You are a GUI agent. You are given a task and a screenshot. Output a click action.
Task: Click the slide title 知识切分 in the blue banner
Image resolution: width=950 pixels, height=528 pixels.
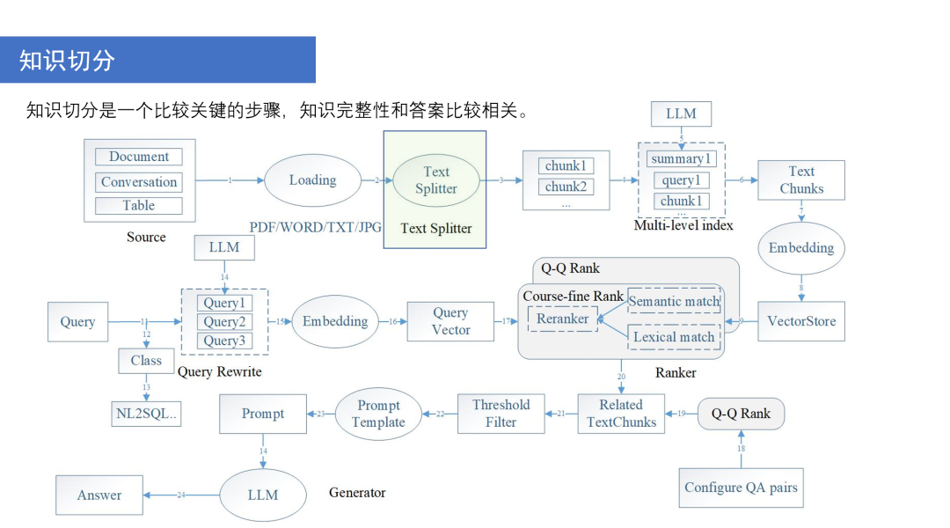68,60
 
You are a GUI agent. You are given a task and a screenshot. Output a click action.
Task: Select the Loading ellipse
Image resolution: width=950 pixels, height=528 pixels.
312,180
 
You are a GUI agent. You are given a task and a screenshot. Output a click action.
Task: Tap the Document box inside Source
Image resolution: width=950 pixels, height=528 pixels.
139,157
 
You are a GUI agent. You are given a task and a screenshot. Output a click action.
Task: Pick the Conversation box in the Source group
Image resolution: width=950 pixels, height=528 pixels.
139,182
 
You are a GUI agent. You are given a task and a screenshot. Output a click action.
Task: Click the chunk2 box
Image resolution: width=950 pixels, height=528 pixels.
566,187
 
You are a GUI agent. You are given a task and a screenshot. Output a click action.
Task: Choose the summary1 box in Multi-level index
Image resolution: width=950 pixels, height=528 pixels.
681,159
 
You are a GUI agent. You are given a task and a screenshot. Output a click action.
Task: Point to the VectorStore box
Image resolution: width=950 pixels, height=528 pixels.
801,321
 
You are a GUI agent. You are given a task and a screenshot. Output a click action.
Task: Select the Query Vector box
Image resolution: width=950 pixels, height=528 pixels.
450,321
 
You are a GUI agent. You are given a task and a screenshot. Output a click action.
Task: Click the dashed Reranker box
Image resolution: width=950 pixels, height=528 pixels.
562,319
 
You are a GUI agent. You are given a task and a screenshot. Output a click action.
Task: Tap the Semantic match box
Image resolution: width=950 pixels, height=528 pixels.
674,301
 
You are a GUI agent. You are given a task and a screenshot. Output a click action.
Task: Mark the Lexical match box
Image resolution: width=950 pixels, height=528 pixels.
674,337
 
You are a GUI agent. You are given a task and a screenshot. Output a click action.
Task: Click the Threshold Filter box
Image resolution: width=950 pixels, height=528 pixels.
501,414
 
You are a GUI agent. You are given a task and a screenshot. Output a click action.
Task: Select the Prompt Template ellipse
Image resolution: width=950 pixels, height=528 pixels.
378,414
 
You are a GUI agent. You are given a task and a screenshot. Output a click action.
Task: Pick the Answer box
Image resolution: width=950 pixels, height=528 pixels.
99,495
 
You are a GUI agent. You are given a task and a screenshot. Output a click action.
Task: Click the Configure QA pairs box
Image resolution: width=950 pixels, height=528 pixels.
741,488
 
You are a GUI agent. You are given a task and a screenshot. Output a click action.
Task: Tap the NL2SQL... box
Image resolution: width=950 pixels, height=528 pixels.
147,413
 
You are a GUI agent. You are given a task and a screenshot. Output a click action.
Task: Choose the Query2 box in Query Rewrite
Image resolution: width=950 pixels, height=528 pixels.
223,322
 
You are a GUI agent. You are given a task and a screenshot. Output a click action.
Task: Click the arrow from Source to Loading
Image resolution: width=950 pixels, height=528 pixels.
230,180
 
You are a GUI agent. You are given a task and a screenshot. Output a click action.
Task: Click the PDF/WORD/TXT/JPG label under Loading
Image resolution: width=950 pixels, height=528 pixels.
316,227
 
